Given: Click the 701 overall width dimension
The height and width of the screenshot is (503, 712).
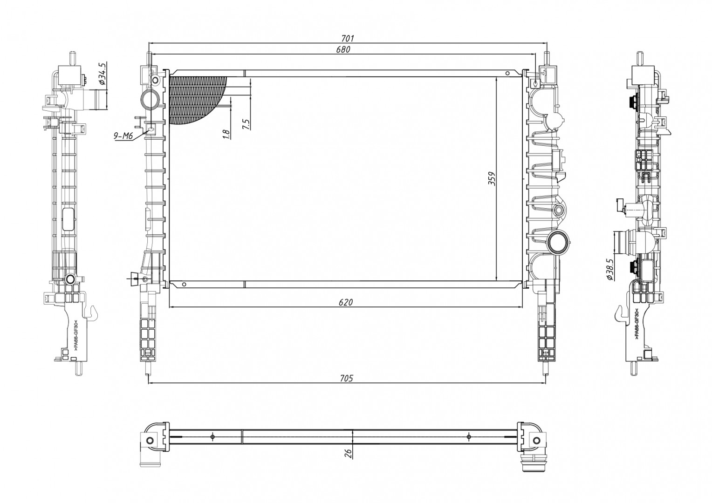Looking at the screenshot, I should [348, 38].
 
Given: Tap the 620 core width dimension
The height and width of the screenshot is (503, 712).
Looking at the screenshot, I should [346, 302].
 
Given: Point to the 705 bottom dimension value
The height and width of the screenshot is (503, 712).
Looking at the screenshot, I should [346, 378].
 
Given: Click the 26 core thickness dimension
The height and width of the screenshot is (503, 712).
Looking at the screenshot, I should [348, 453].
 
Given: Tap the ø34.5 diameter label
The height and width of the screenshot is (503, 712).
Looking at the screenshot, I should [103, 74].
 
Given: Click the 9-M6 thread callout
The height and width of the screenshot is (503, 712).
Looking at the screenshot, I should [123, 136].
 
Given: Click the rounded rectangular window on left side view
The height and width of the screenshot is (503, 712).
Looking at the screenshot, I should [68, 219].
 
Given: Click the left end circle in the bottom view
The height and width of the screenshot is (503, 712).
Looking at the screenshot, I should [150, 441].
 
